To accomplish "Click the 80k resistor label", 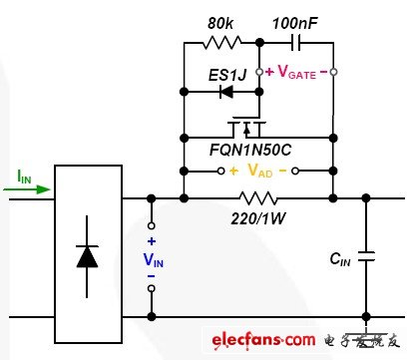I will click(x=219, y=21).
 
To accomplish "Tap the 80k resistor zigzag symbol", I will click(x=220, y=43).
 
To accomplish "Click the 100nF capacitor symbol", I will click(x=296, y=43).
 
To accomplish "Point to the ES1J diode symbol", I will click(x=226, y=92).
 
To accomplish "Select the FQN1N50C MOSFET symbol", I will click(x=244, y=129).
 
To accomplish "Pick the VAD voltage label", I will click(x=256, y=171).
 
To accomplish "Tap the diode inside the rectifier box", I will click(x=90, y=255).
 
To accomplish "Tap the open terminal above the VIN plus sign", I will click(x=152, y=225).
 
